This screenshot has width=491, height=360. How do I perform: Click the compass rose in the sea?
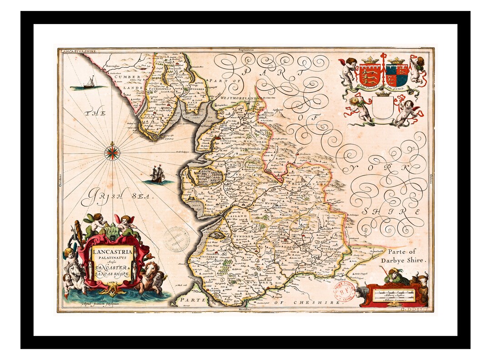tap(111, 152)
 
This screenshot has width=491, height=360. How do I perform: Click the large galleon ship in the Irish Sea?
tap(157, 173)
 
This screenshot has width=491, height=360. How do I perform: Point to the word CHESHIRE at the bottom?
tap(322, 302)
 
